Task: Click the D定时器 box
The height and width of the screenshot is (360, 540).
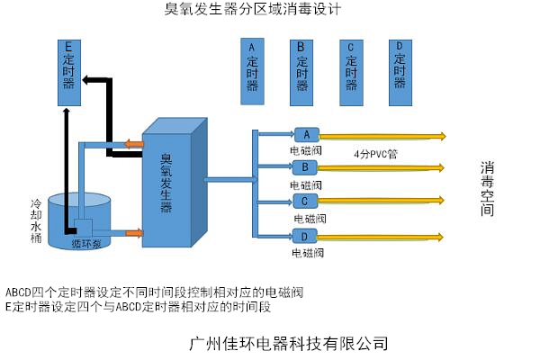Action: (x=400, y=64)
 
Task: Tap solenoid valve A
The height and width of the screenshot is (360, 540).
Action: (x=305, y=134)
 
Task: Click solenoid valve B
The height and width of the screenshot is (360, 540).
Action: (x=305, y=167)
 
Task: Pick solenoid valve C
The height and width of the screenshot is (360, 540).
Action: (x=305, y=201)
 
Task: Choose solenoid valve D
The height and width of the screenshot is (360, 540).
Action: (x=305, y=236)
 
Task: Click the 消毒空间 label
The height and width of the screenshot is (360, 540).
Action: (x=487, y=189)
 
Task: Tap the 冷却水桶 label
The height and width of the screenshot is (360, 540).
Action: (x=36, y=220)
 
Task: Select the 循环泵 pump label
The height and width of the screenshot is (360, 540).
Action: (x=87, y=243)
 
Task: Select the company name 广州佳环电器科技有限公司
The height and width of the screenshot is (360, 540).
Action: (x=290, y=343)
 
